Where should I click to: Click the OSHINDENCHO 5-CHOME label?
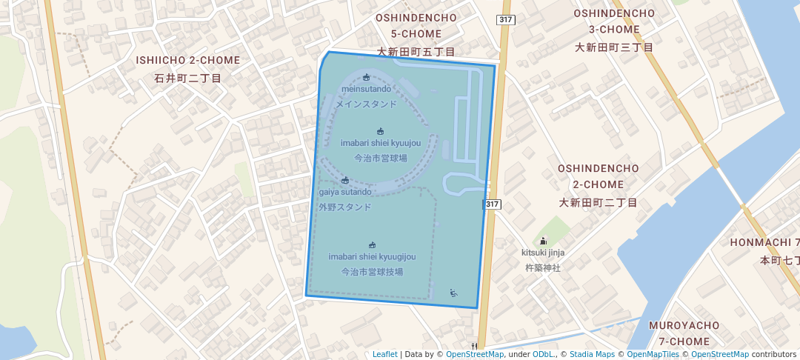[x=408, y=25]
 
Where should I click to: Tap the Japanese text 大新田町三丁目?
[x=614, y=47]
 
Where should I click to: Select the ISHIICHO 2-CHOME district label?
[x=187, y=60]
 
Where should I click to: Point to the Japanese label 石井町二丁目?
[x=187, y=78]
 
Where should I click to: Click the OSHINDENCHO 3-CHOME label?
[x=614, y=21]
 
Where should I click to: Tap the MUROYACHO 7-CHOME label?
[x=679, y=333]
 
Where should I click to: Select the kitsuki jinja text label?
[x=544, y=253]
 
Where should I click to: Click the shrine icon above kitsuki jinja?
[x=544, y=241]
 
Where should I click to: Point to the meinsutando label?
[x=366, y=89]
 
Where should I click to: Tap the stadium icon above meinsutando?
[x=366, y=77]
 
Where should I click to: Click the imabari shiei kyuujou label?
[x=381, y=142]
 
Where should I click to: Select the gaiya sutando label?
[x=345, y=192]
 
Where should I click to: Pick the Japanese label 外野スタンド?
[x=345, y=207]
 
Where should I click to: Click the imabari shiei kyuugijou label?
[x=372, y=256]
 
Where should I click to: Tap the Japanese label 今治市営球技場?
[x=372, y=272]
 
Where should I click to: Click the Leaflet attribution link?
[x=384, y=354]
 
